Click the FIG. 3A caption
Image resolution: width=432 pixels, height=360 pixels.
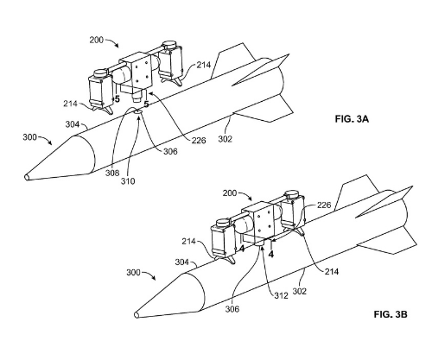pyautogui.click(x=352, y=119)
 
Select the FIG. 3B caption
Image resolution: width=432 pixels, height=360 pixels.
pyautogui.click(x=391, y=314)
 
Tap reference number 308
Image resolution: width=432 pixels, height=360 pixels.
pyautogui.click(x=112, y=173)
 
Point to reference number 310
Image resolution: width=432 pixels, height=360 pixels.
pyautogui.click(x=128, y=181)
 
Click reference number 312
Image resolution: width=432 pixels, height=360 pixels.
pyautogui.click(x=281, y=295)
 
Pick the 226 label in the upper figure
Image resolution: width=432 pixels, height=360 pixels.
pyautogui.click(x=199, y=140)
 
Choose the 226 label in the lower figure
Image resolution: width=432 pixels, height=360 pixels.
pyautogui.click(x=324, y=205)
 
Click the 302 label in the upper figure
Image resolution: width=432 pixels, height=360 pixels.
pyautogui.click(x=225, y=139)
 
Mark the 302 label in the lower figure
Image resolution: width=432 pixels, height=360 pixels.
pyautogui.click(x=300, y=291)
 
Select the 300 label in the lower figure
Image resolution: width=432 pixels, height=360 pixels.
pyautogui.click(x=133, y=272)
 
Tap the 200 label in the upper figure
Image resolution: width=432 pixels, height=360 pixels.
pyautogui.click(x=96, y=40)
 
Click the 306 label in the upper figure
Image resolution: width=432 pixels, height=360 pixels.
pyautogui.click(x=170, y=151)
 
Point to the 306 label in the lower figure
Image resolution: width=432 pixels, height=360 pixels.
pyautogui.click(x=232, y=309)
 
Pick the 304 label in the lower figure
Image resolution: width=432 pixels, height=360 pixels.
pyautogui.click(x=182, y=262)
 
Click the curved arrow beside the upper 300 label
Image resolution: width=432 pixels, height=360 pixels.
pyautogui.click(x=45, y=139)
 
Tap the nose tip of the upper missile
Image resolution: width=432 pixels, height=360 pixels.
pyautogui.click(x=27, y=177)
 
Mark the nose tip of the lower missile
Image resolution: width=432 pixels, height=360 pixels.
pyautogui.click(x=137, y=315)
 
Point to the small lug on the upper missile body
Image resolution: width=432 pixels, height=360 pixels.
pyautogui.click(x=138, y=111)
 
